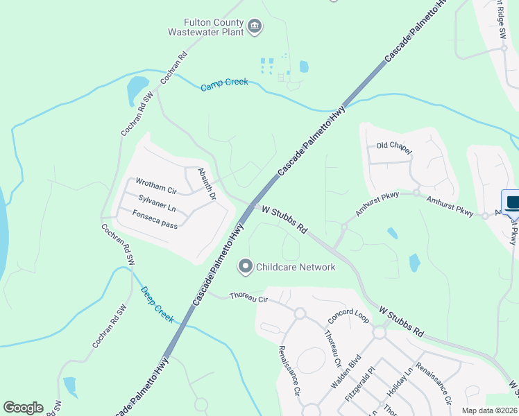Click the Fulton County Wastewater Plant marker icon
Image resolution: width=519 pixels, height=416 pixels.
pyautogui.click(x=255, y=27)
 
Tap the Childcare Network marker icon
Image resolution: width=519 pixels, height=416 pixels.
pyautogui.click(x=245, y=266)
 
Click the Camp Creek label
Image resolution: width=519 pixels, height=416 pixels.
pyautogui.click(x=224, y=85)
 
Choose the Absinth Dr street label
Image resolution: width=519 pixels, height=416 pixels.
pyautogui.click(x=207, y=184)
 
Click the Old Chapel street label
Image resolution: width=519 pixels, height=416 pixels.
pyautogui.click(x=394, y=148)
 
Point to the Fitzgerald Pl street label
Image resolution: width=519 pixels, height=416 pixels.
pyautogui.click(x=360, y=386)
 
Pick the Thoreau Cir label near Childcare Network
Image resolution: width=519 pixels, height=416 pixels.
pyautogui.click(x=248, y=298)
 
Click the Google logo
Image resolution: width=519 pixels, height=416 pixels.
pyautogui.click(x=23, y=408)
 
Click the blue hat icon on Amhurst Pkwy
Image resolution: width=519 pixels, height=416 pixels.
pyautogui.click(x=512, y=203)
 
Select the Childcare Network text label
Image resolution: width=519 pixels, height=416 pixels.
pyautogui.click(x=296, y=267)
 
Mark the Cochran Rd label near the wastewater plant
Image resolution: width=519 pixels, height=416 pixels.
pyautogui.click(x=174, y=68)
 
